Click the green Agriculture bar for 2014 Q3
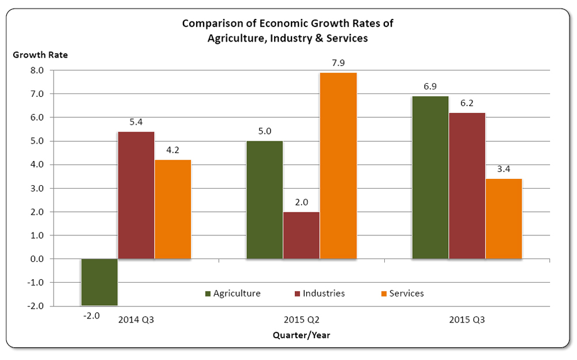[99, 282]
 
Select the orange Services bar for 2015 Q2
[338, 166]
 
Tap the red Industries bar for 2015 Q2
[301, 235]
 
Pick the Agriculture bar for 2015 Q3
[430, 178]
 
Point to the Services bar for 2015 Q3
[504, 219]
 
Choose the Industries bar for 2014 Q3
[136, 195]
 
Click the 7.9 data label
[338, 63]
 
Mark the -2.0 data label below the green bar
[91, 316]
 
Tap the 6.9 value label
[430, 87]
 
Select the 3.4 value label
[504, 169]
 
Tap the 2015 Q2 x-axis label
[302, 320]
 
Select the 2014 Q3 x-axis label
[136, 320]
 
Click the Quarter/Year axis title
[302, 335]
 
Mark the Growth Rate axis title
[40, 55]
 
